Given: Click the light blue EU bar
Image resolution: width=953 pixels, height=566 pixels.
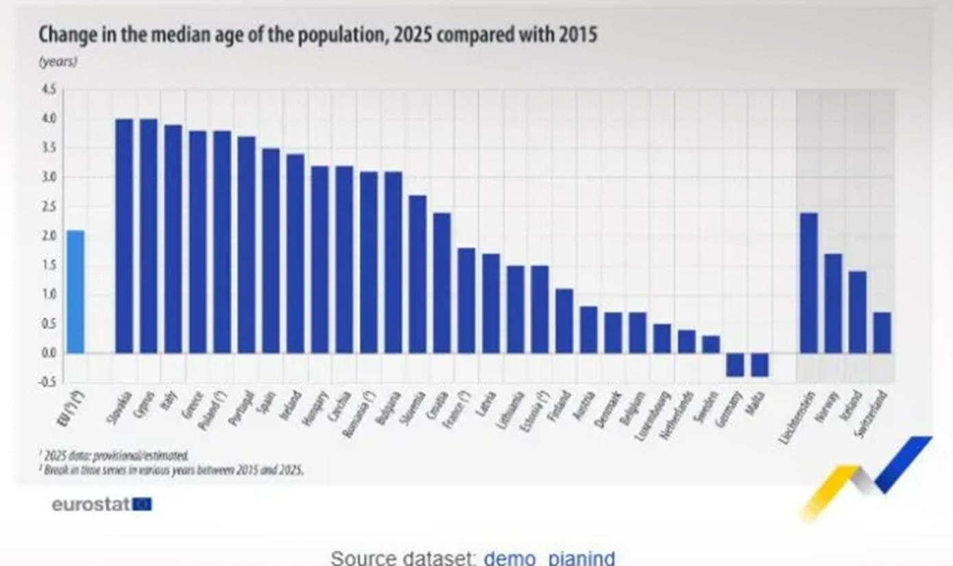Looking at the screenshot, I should click(75, 292).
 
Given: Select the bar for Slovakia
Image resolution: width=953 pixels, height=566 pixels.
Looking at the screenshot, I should click(124, 236).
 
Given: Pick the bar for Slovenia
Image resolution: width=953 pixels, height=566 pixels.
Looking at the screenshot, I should click(418, 274).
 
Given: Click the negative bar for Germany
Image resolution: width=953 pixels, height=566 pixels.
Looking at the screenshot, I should click(735, 365).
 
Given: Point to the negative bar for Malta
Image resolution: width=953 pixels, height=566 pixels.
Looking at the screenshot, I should click(760, 365).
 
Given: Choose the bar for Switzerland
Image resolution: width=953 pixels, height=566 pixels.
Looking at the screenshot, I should click(882, 332).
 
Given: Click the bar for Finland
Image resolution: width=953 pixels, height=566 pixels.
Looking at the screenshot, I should click(564, 321).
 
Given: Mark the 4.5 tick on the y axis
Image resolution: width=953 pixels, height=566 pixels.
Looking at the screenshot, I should click(49, 90).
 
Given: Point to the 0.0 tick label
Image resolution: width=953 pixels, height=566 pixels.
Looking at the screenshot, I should click(49, 354).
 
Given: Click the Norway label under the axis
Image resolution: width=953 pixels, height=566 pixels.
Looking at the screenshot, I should click(830, 407).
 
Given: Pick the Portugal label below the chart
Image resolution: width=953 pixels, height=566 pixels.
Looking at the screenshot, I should click(243, 407).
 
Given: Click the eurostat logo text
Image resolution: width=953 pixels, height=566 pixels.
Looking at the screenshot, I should click(91, 505).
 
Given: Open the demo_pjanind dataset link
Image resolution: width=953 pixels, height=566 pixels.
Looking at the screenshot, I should click(549, 557).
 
